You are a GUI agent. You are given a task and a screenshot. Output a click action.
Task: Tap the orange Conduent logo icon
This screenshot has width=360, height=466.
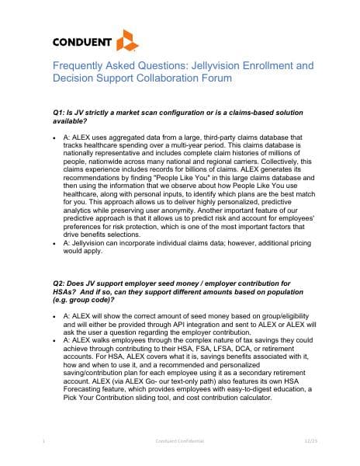click(126, 39)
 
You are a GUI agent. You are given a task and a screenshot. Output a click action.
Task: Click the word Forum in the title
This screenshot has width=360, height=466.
click(212, 79)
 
